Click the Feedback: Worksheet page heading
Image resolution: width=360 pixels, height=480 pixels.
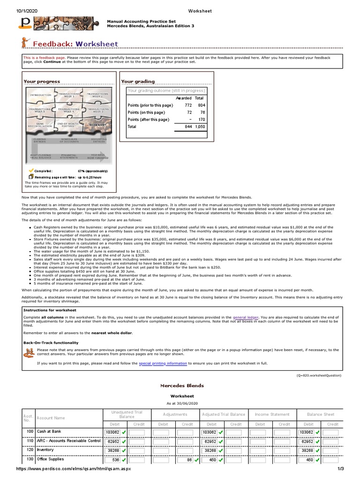pos(75,44)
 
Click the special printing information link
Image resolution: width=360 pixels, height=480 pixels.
pos(163,363)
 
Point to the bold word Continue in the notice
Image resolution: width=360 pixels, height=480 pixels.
pos(53,61)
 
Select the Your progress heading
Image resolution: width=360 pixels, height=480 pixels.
pos(42,82)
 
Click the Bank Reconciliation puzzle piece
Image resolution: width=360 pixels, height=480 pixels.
pos(40,125)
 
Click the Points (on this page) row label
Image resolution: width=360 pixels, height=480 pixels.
pos(146,112)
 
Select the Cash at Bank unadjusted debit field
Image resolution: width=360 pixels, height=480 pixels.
pos(112,432)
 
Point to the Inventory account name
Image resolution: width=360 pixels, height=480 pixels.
pos(45,450)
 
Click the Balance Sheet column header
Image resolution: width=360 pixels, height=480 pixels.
pos(320,414)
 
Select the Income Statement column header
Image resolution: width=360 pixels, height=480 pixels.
pos(272,414)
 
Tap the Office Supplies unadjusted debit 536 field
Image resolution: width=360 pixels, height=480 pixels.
pos(112,460)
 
